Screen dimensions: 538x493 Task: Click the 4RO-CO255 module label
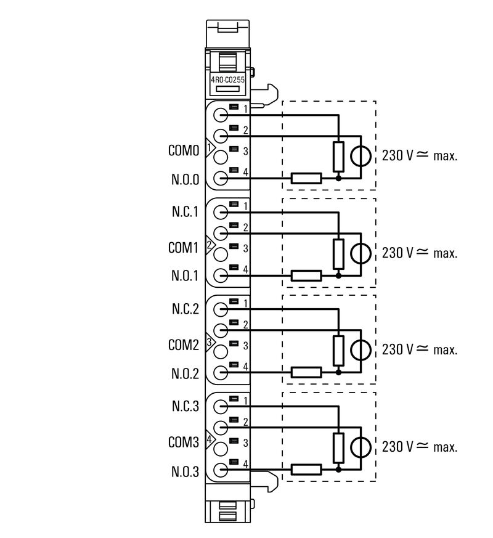pos(229,79)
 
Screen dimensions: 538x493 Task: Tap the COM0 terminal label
pos(183,150)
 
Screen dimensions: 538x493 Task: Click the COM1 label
pos(183,248)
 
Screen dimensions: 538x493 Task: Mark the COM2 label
pos(183,344)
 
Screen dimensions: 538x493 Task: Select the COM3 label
pos(183,442)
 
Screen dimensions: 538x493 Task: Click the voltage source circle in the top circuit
pos(361,156)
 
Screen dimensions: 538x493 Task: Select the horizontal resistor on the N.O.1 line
pos(306,275)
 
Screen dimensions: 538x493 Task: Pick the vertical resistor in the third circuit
pos(338,350)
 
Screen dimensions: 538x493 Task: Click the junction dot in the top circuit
pos(338,179)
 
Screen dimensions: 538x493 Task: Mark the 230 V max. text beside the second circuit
pos(420,253)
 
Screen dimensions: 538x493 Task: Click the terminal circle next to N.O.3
pos(221,471)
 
